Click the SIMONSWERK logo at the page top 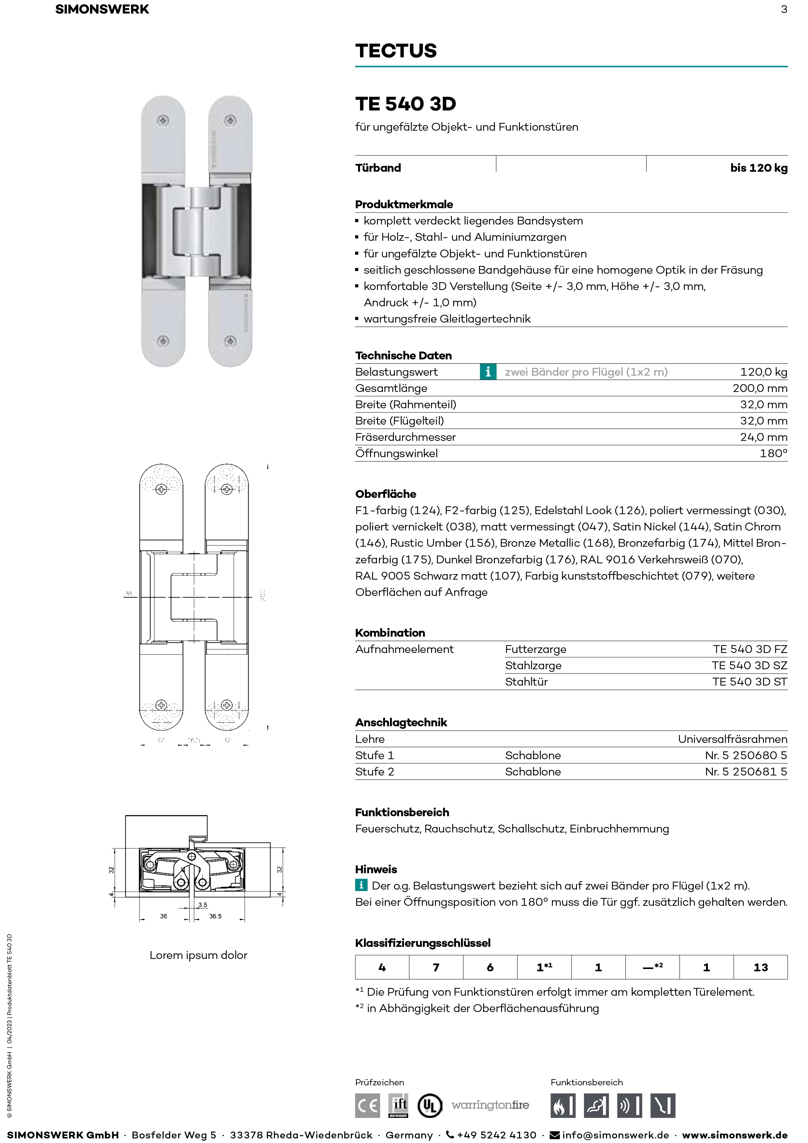[x=102, y=9]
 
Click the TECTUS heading [x=396, y=51]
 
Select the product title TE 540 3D [x=405, y=104]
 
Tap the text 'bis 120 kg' [x=758, y=168]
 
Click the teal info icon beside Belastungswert [x=488, y=372]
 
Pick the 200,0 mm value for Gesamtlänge [x=759, y=388]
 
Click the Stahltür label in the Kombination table [x=526, y=682]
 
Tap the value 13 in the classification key [x=760, y=967]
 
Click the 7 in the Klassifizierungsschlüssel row [x=436, y=967]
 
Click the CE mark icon [x=368, y=1106]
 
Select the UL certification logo [x=429, y=1106]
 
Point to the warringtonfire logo [x=490, y=1105]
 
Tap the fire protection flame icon [x=563, y=1106]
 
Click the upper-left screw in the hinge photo [x=163, y=121]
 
